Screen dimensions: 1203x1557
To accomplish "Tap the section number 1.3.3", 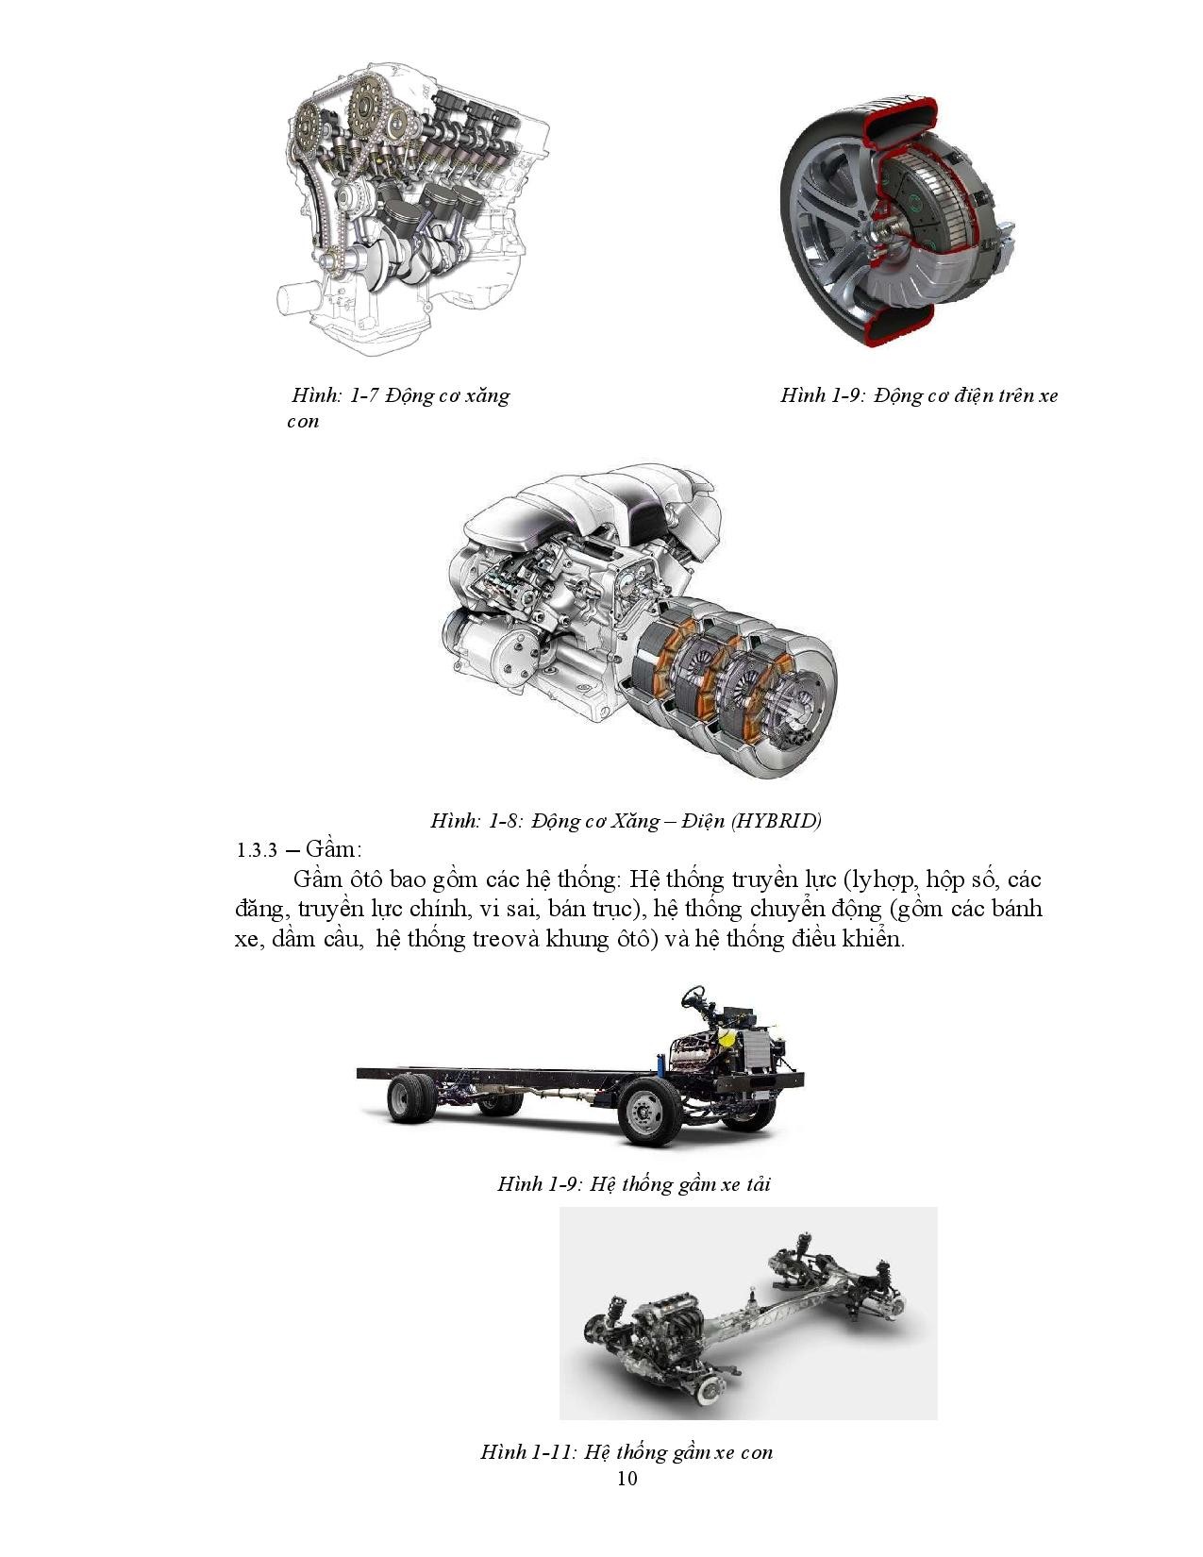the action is pos(257,850).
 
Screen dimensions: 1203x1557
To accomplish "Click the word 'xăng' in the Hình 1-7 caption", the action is pos(487,395).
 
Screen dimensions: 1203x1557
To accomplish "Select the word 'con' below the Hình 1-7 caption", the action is pos(302,421).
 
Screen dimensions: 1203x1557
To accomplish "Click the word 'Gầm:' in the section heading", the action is pos(333,849).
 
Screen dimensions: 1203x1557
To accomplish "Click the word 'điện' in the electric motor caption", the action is pos(972,395).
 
